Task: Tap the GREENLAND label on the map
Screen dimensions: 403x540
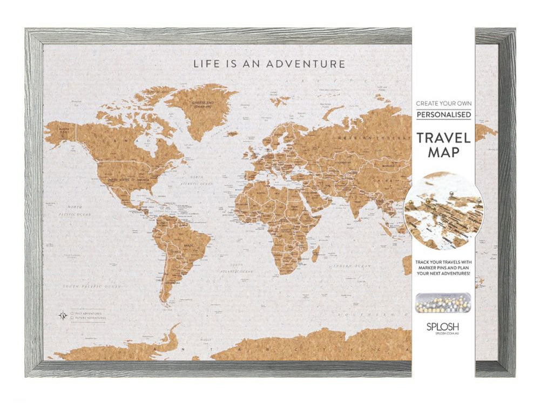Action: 204,103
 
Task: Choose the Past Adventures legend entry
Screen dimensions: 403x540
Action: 88,312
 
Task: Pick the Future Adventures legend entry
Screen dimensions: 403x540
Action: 90,318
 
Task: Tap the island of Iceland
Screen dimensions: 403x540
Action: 232,133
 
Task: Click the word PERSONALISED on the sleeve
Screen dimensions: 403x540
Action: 443,114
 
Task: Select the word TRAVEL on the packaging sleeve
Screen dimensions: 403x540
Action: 443,137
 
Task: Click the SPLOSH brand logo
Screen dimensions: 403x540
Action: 443,327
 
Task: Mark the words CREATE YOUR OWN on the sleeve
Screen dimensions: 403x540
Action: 443,103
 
